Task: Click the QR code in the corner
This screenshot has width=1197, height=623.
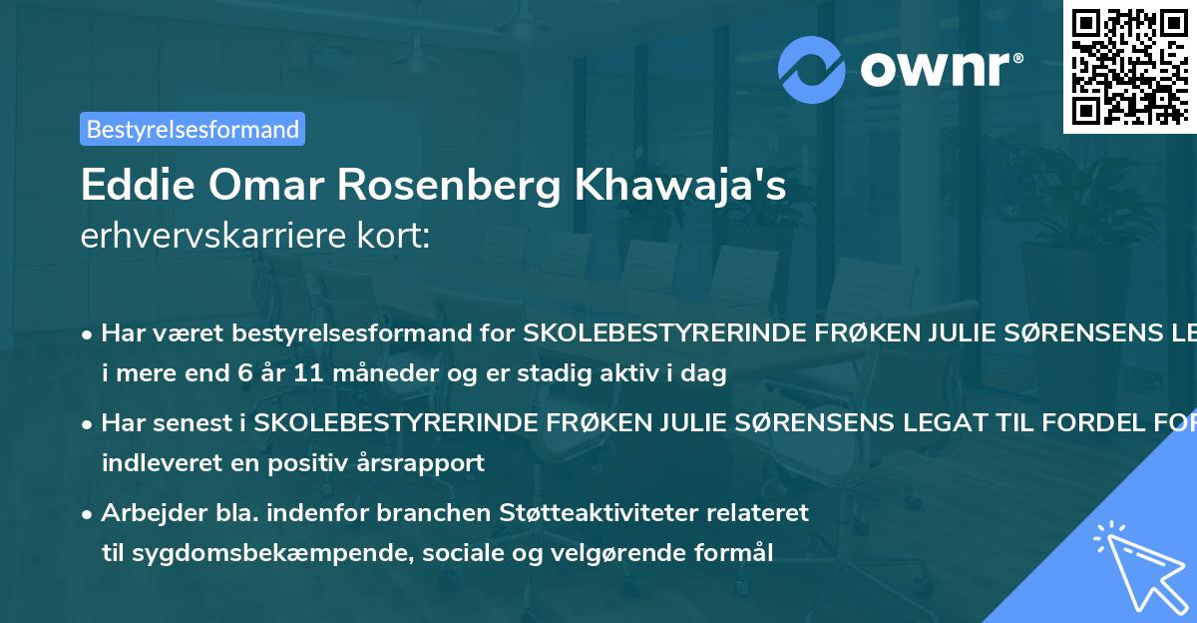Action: pyautogui.click(x=1129, y=66)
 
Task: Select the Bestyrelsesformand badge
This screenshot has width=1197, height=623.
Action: pyautogui.click(x=193, y=129)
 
